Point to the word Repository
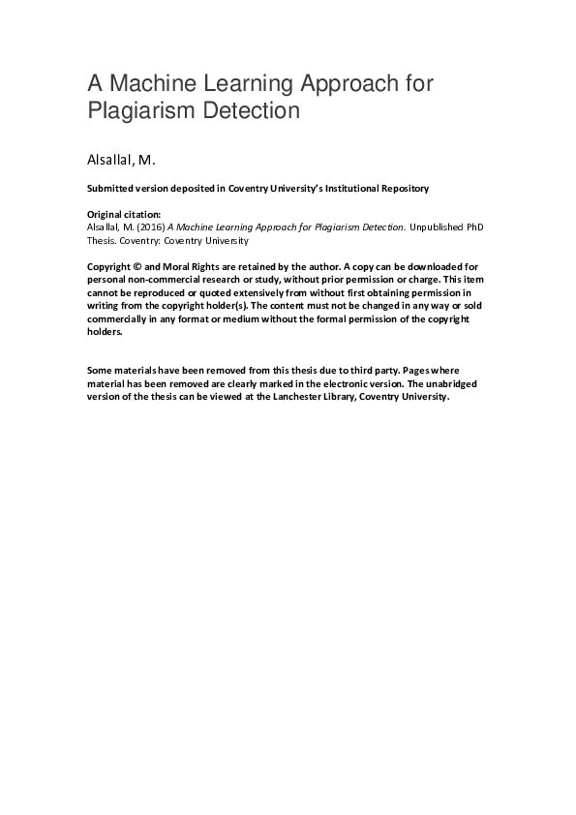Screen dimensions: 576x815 (397, 188)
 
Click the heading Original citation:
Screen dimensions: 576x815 (120, 214)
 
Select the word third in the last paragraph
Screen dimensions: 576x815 (384, 371)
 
